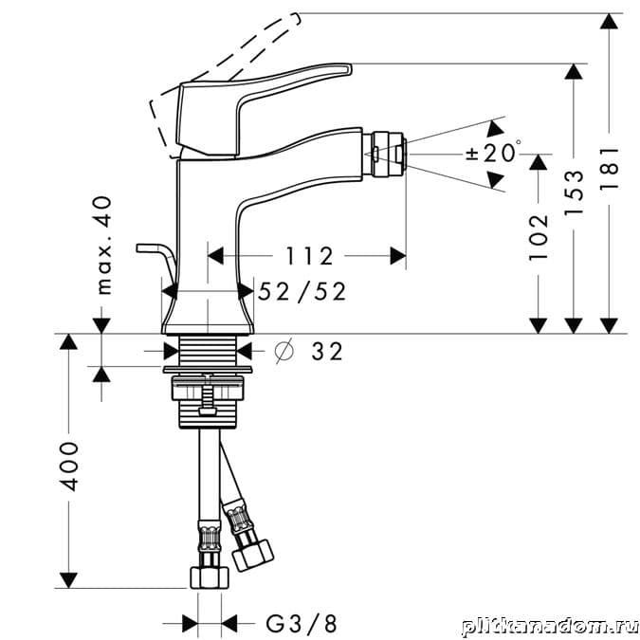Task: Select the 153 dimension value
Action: [x=574, y=193]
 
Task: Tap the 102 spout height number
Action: [x=539, y=237]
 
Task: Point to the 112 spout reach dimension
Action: [x=309, y=256]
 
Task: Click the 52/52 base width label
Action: [x=302, y=291]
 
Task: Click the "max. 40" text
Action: [x=104, y=246]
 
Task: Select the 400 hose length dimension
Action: [x=67, y=466]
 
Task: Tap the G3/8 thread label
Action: [x=302, y=624]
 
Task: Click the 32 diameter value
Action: [x=327, y=352]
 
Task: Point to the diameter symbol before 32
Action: [x=284, y=351]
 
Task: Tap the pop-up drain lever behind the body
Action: [x=156, y=255]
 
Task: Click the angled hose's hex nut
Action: [x=252, y=556]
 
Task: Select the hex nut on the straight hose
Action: [x=210, y=577]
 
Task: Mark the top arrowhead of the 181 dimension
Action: [x=609, y=21]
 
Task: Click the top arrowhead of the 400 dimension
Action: [x=67, y=341]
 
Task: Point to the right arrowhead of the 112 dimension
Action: [x=398, y=256]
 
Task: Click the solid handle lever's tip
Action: [x=348, y=69]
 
